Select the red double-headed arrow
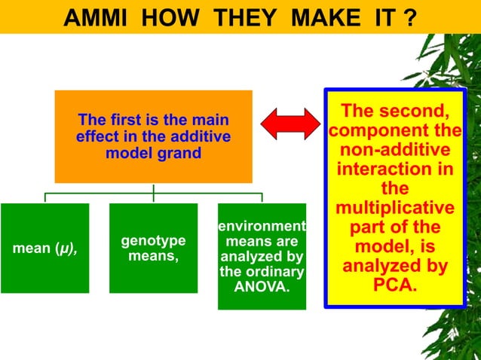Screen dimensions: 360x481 tap(291, 124)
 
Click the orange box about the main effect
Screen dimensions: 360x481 tap(153, 136)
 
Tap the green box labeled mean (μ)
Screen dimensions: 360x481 tap(44, 248)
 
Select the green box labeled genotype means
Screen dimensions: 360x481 tap(153, 248)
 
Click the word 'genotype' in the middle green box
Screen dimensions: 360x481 tap(153, 241)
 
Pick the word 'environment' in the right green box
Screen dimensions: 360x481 tap(262, 226)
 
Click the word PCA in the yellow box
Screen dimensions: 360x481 tap(394, 286)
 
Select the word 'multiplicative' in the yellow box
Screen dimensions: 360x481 tap(395, 208)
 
